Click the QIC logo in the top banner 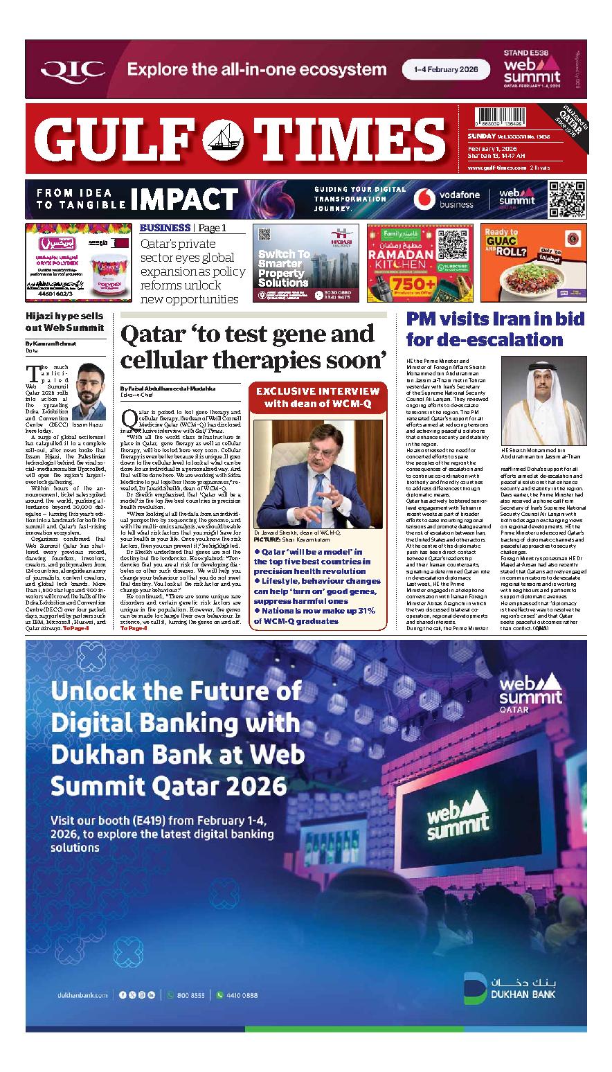coord(73,69)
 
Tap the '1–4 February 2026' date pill coord(446,69)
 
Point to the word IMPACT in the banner coord(183,198)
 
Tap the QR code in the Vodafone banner coord(566,199)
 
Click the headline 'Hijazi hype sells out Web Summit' coord(64,321)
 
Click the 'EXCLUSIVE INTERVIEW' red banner coord(318,397)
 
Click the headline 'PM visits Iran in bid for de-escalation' coord(494,330)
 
